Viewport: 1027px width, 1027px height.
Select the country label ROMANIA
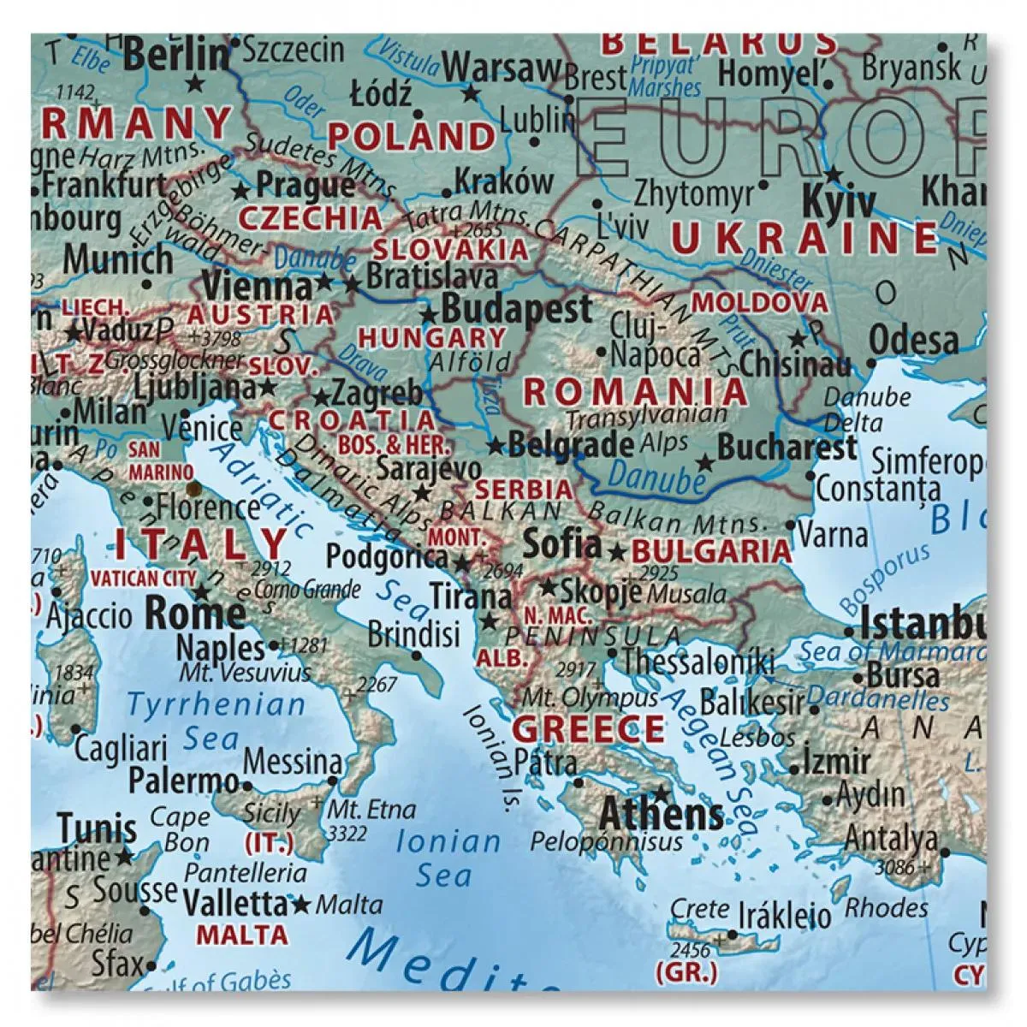tap(635, 391)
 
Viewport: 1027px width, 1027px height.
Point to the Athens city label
tap(662, 813)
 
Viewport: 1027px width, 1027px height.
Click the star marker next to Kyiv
tap(830, 172)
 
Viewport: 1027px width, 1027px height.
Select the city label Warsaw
tap(502, 68)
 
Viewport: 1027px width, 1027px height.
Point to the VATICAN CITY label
tap(144, 579)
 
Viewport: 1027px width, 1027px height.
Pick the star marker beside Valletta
tap(300, 904)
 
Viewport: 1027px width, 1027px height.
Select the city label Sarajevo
tap(428, 468)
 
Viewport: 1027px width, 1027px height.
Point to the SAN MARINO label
tap(149, 460)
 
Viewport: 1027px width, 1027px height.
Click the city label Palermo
tap(183, 781)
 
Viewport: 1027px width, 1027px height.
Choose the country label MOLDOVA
tap(759, 302)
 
